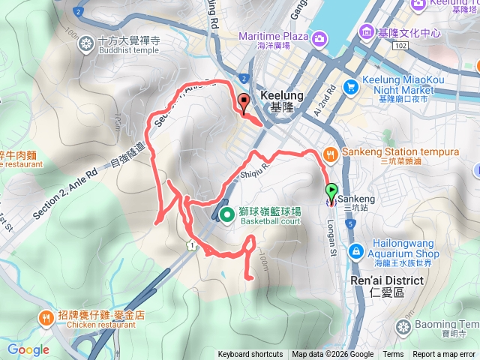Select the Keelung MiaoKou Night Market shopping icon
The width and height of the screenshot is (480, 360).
pos(349,87)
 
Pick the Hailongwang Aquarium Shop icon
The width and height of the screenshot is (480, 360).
pos(357,249)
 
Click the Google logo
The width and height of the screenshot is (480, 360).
pos(28,349)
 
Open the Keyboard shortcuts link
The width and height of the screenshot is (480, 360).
pos(250,355)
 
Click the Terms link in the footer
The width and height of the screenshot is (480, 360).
pos(393,355)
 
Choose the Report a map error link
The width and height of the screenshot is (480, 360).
pos(445,355)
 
